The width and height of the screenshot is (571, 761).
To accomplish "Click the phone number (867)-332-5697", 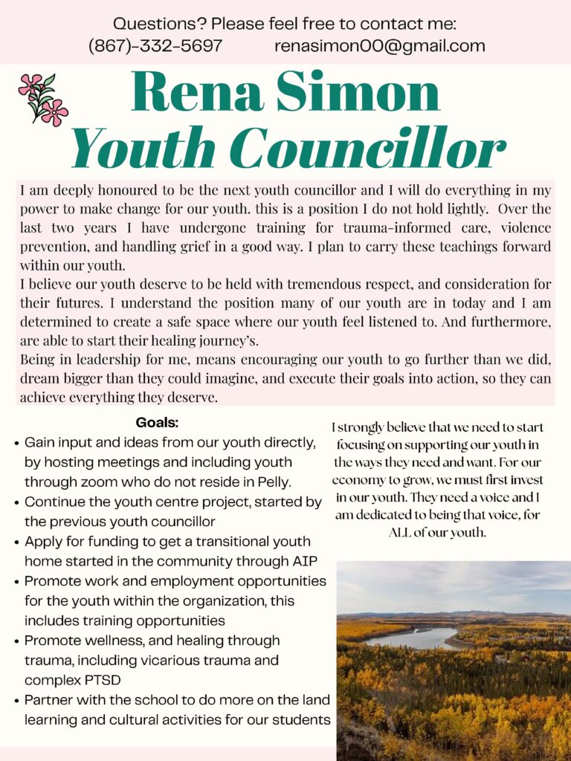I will click(x=155, y=46).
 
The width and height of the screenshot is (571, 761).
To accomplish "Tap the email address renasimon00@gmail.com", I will click(x=379, y=46).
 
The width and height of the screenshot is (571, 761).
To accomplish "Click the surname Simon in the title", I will click(x=369, y=94).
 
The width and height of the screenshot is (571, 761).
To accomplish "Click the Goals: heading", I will click(x=158, y=423).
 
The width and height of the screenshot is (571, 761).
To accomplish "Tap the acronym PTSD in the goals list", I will click(x=97, y=679).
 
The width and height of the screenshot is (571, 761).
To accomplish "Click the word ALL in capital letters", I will click(x=405, y=533).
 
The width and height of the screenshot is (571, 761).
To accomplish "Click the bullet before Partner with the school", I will click(x=16, y=700).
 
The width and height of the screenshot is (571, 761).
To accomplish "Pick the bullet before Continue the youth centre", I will click(x=16, y=502).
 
